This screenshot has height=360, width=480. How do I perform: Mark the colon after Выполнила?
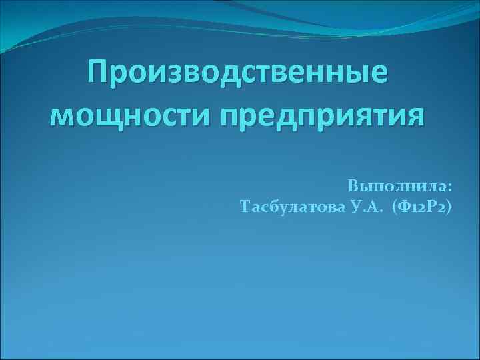(449, 186)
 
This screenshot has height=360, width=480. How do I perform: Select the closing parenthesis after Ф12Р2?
(448, 208)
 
